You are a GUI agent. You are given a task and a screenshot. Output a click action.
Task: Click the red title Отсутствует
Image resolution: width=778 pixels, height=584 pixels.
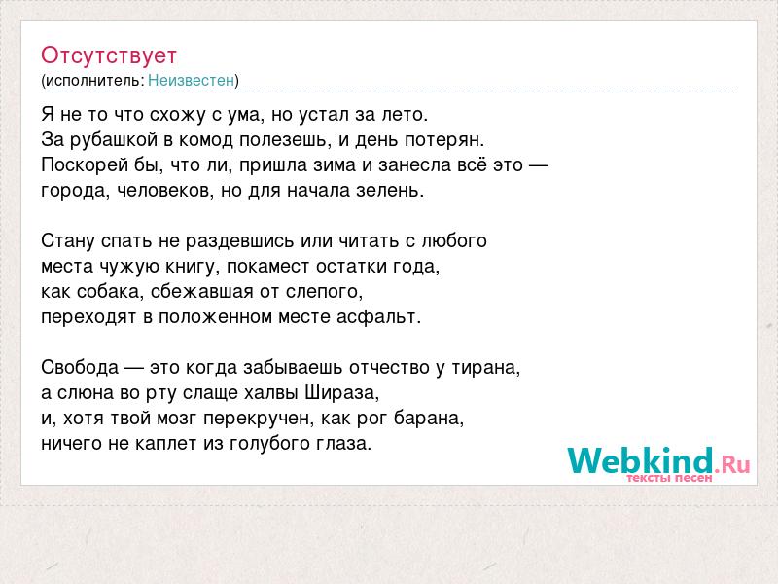click(109, 55)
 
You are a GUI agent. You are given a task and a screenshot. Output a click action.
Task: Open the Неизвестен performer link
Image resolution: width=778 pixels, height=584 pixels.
click(191, 80)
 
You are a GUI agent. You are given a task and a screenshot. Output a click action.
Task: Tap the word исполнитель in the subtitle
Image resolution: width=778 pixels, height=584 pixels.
click(93, 81)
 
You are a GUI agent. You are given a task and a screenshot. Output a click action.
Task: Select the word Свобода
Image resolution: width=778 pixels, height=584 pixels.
click(80, 368)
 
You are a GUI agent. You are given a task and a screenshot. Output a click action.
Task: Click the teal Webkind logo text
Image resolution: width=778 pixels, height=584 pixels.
click(640, 460)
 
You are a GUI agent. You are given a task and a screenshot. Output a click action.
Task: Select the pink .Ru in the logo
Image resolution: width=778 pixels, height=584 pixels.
click(733, 464)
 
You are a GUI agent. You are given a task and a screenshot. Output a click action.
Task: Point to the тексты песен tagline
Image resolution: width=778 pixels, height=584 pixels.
click(669, 478)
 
